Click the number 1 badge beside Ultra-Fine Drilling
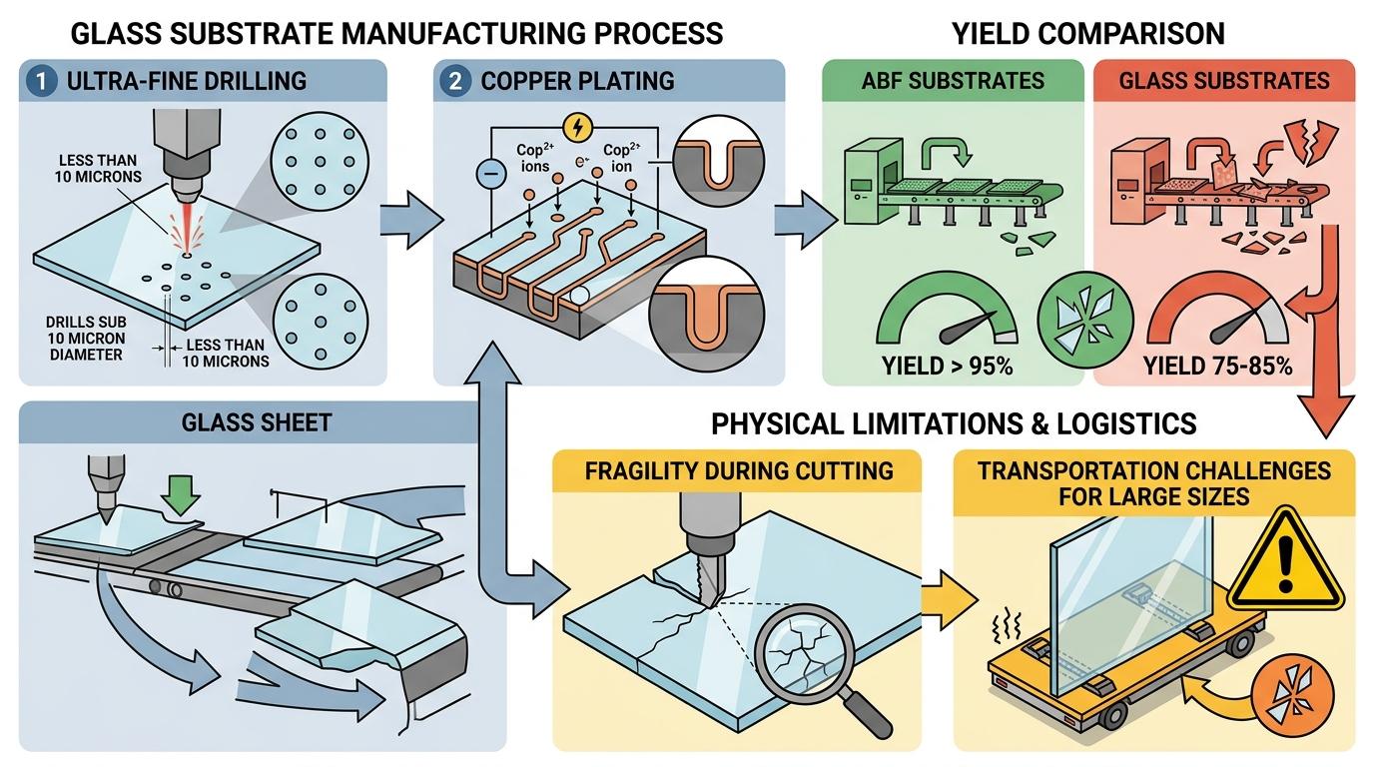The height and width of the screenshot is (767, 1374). pos(42,81)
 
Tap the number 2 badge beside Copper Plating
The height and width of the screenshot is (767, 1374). pos(455,81)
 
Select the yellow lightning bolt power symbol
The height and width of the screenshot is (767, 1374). pos(577,128)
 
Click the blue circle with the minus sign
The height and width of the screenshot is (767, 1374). pos(491,174)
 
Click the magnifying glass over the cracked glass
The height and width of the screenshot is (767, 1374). pos(816,666)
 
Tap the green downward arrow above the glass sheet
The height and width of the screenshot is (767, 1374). pos(181,495)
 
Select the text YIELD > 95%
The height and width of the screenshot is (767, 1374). pos(947,367)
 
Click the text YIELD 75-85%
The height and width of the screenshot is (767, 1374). pos(1217,367)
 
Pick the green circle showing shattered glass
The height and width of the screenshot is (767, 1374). pos(1085,319)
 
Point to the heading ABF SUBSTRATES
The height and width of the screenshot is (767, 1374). pos(953,81)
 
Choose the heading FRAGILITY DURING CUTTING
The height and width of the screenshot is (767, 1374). pos(739,471)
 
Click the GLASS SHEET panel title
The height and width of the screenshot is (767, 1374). pos(257,422)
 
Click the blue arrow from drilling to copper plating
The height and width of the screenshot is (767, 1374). pos(411,220)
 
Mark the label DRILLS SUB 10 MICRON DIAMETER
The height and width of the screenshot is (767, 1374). pos(86,339)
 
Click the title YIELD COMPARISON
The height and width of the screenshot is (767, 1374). pos(1088,34)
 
